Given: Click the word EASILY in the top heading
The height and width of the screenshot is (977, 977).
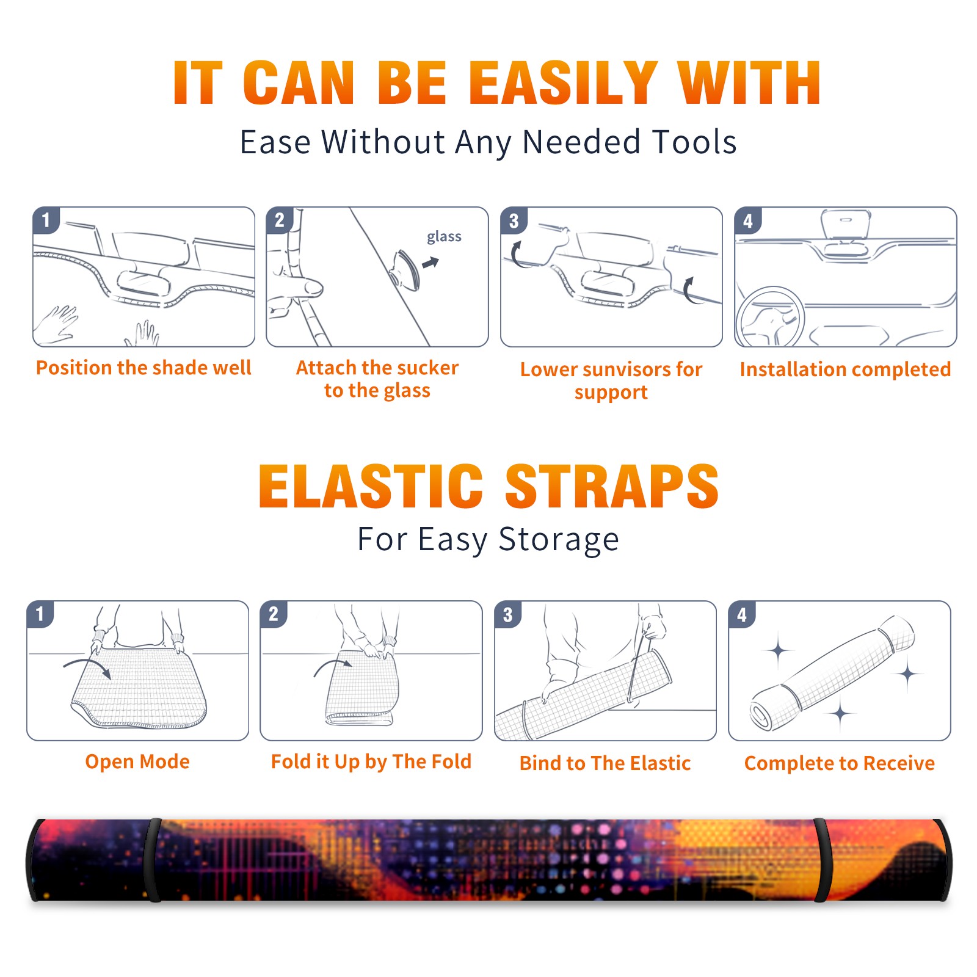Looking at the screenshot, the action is point(564,82).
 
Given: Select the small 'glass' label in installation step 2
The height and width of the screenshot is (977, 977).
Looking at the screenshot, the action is point(444,236).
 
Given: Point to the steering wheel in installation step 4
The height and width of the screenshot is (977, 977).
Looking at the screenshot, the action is point(770,317).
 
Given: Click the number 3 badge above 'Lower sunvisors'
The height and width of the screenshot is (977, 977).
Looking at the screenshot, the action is point(514,220).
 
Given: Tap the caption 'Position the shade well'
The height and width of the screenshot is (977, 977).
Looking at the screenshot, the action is point(143,368).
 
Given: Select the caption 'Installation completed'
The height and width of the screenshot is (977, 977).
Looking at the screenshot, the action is point(845,369).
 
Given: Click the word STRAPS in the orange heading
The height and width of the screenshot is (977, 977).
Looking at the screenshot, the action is point(612,486).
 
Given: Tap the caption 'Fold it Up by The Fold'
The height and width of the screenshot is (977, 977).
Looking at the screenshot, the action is point(371,761).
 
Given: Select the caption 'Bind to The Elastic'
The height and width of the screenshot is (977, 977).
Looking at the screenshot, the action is point(605,763).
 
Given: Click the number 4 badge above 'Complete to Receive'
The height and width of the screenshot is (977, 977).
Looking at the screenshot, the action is point(742,614).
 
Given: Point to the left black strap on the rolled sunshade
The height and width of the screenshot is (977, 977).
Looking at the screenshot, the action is point(154,860).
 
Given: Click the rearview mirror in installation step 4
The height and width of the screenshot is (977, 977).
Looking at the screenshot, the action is point(846,224).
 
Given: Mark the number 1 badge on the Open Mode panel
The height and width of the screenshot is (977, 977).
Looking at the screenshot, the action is point(40,614).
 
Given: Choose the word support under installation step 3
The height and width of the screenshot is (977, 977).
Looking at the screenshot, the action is point(611,393).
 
